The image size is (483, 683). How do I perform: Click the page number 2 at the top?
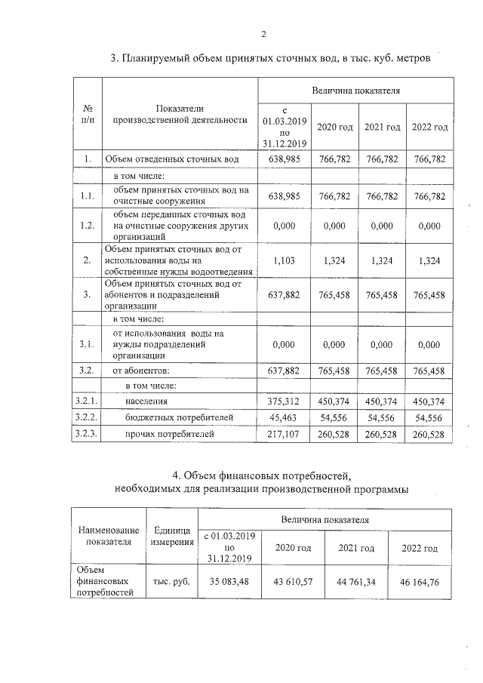point(263,34)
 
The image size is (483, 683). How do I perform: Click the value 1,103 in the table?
point(285,260)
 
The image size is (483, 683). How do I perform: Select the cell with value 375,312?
point(285,401)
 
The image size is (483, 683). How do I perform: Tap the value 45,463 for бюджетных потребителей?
point(285,417)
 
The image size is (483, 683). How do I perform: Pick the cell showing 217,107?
point(285,434)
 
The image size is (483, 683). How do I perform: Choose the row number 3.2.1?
point(88,401)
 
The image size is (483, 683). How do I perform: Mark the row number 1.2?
point(88,225)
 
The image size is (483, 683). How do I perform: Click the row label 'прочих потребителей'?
point(170,434)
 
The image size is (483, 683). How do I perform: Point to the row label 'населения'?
point(147,401)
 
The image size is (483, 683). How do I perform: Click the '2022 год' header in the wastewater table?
point(430,127)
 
